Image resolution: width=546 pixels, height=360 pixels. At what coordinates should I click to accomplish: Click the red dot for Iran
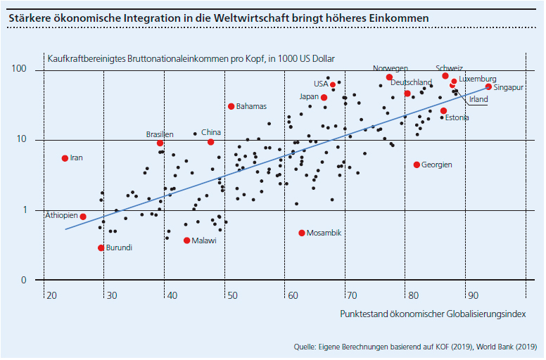[65, 158]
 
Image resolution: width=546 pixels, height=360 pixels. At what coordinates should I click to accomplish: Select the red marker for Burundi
[101, 247]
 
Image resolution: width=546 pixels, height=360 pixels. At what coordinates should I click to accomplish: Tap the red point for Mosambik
[302, 233]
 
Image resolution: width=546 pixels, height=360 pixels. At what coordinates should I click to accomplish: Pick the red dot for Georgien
[417, 165]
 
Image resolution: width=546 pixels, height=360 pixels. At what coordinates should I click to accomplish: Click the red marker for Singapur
[488, 86]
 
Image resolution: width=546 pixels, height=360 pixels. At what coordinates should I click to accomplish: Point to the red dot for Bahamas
[231, 106]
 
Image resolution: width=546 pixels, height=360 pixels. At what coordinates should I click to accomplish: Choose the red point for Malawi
[186, 240]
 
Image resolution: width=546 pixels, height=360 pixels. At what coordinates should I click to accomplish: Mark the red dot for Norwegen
[389, 77]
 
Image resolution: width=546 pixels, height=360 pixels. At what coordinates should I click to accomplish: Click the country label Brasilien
[160, 134]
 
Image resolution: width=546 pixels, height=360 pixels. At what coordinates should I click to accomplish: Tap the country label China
[211, 131]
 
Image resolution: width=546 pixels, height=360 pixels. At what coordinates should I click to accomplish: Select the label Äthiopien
[61, 215]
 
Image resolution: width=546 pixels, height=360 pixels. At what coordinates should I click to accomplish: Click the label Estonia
[457, 117]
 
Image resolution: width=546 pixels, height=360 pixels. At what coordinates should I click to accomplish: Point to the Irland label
[478, 99]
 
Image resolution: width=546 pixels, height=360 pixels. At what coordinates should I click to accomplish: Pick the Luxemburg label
[478, 78]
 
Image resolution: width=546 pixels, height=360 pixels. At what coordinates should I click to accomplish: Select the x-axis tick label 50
[231, 295]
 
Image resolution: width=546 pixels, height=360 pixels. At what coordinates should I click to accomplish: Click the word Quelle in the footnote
[306, 347]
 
